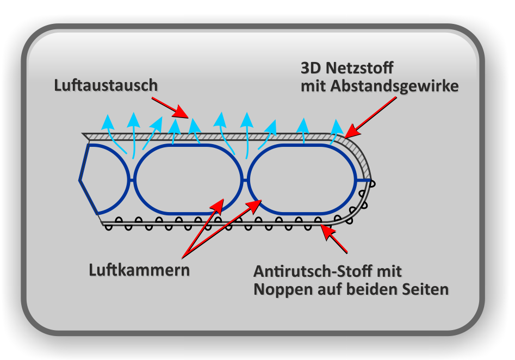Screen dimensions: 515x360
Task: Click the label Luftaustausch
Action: click(x=106, y=85)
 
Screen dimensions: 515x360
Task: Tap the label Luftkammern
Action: click(x=139, y=270)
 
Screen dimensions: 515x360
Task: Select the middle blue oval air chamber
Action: click(x=188, y=179)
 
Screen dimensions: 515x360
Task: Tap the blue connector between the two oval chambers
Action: click(x=245, y=179)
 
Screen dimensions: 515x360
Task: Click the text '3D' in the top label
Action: click(x=312, y=69)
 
